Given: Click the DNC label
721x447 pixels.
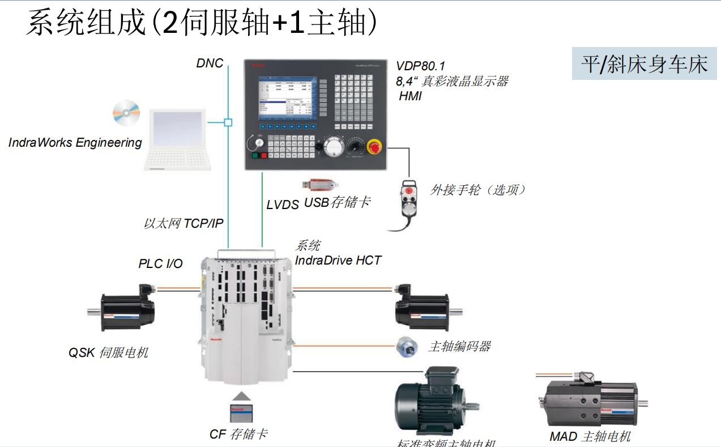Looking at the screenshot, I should pyautogui.click(x=210, y=63).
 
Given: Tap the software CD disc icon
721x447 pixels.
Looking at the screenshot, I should pyautogui.click(x=126, y=113).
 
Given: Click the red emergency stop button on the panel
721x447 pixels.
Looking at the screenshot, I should pyautogui.click(x=375, y=147).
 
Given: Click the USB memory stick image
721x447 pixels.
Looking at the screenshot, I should pyautogui.click(x=321, y=185).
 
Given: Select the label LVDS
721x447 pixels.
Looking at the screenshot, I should pyautogui.click(x=282, y=205).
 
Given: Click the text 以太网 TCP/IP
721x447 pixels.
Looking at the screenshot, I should pyautogui.click(x=183, y=224).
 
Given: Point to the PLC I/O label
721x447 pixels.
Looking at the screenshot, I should pyautogui.click(x=160, y=263).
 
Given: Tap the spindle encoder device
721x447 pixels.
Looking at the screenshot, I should pyautogui.click(x=407, y=347).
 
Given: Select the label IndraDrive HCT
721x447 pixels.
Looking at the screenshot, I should pyautogui.click(x=338, y=261).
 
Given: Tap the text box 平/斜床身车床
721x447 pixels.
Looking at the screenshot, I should pyautogui.click(x=644, y=63).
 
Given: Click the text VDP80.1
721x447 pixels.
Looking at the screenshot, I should pyautogui.click(x=420, y=66).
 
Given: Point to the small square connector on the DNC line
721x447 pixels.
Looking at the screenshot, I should pyautogui.click(x=228, y=122).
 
